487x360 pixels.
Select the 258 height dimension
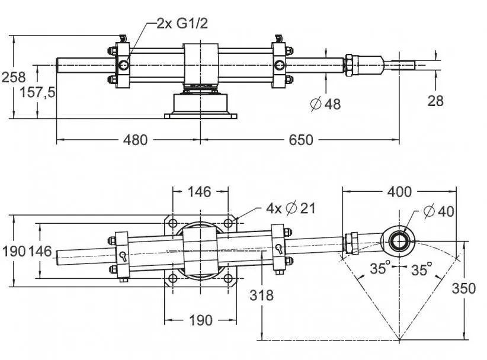13,77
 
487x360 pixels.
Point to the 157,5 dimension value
37,93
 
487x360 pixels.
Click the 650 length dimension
302,140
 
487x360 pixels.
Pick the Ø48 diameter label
326,104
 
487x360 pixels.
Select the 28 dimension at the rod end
435,101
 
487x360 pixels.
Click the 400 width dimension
399,192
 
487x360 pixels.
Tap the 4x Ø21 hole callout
291,208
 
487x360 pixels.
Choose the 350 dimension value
463,288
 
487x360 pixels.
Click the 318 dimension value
262,294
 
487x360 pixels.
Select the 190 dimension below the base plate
200,320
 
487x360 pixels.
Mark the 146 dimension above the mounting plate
200,192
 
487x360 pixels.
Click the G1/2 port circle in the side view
124,64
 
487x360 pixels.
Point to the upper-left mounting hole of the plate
172,223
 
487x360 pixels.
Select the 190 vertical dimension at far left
13,251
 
